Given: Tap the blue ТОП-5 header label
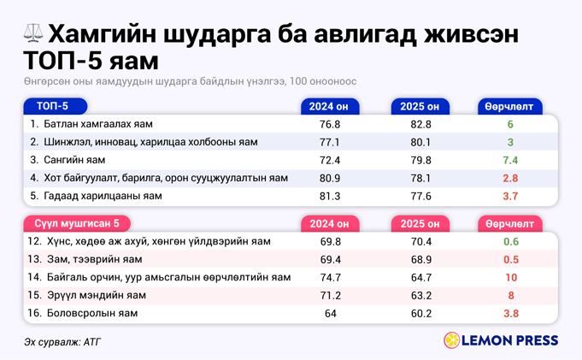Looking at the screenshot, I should coord(52,106).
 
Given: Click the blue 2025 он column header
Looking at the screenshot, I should coord(420,107).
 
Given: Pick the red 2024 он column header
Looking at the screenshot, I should coord(329,224).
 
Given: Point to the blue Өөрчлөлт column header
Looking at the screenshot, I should coord(509,107).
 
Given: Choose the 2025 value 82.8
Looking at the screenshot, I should coord(420,124).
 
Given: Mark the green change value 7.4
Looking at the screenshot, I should coord(510,160).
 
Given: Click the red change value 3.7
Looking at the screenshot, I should coord(510,196).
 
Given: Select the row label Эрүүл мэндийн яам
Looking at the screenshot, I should coord(94,295).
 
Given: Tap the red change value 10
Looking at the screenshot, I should coord(510,277).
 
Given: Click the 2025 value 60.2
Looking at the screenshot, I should coord(420,313).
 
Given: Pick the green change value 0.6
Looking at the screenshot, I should coord(510,241).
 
